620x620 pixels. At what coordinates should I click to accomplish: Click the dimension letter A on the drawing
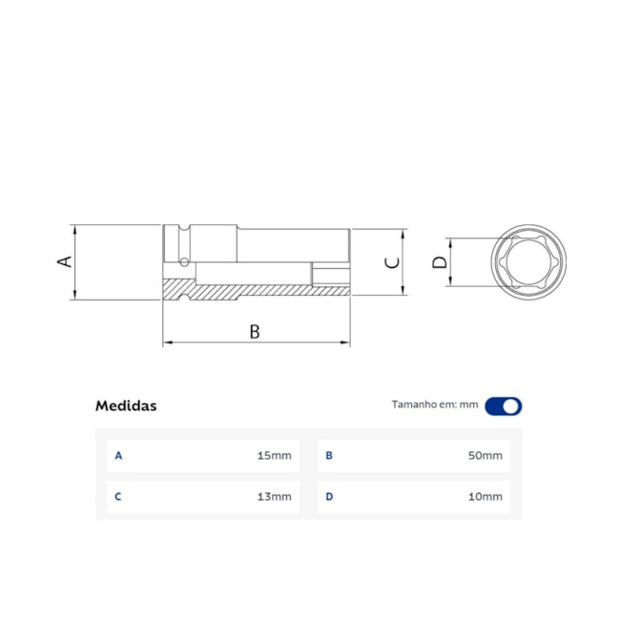pyautogui.click(x=66, y=260)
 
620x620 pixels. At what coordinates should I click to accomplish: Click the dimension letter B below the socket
pyautogui.click(x=255, y=331)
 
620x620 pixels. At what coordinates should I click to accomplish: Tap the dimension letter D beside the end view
pyautogui.click(x=439, y=261)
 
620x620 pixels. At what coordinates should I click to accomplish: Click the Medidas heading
pyautogui.click(x=126, y=405)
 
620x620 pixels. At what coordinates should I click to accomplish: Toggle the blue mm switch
pyautogui.click(x=504, y=405)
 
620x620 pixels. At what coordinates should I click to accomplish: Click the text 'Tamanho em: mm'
pyautogui.click(x=434, y=404)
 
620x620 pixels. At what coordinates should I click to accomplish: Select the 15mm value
pyautogui.click(x=274, y=456)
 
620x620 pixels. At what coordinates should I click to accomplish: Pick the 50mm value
pyautogui.click(x=486, y=456)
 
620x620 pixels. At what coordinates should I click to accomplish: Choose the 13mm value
pyautogui.click(x=274, y=497)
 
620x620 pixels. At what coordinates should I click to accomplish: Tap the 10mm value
pyautogui.click(x=486, y=497)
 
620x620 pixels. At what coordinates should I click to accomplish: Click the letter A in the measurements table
pyautogui.click(x=118, y=456)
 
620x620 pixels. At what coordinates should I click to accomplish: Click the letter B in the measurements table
pyautogui.click(x=329, y=456)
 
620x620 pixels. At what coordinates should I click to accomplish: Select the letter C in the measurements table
pyautogui.click(x=118, y=497)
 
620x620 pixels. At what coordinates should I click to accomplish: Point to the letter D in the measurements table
pyautogui.click(x=329, y=497)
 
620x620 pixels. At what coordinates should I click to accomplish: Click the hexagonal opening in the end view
pyautogui.click(x=529, y=261)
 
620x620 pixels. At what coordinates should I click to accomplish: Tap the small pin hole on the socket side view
pyautogui.click(x=181, y=261)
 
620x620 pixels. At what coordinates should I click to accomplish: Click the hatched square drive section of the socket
pyautogui.click(x=178, y=287)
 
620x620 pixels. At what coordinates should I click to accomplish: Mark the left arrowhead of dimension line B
pyautogui.click(x=166, y=342)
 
